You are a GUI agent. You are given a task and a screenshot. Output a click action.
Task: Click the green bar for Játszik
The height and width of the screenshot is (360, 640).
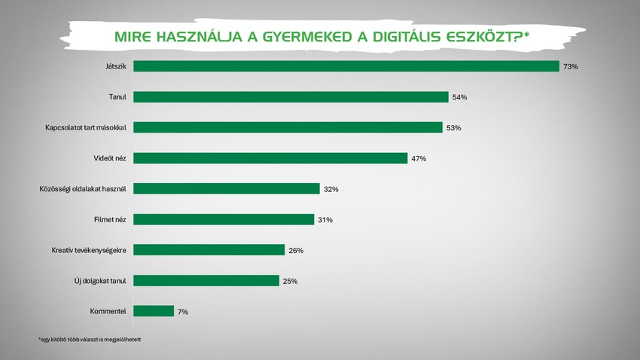point(346,66)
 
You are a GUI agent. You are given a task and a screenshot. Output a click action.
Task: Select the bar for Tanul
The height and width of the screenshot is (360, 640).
point(291,97)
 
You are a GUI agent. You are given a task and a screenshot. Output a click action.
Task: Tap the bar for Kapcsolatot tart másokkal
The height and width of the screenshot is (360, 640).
point(288,127)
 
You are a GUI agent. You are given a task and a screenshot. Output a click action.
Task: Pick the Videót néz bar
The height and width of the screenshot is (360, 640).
point(270,158)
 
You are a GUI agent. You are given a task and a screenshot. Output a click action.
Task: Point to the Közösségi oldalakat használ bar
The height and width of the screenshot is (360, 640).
point(227,189)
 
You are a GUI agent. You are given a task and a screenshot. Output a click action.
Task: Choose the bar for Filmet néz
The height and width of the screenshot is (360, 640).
point(224,219)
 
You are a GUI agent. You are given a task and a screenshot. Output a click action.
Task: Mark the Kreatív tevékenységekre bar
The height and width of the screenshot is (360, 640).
point(209,250)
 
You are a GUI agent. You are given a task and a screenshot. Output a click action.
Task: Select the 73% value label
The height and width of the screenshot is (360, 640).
point(570,67)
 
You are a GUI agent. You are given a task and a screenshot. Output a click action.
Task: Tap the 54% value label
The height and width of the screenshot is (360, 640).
point(459,97)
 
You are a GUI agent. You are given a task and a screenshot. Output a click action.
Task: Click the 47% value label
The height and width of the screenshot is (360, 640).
point(419,158)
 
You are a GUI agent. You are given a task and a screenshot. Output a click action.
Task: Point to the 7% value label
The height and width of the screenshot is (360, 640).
point(182,311)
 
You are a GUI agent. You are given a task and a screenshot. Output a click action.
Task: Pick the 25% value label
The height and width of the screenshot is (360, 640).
point(290,281)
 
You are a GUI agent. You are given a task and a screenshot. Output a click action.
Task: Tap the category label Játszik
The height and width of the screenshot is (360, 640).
point(117,66)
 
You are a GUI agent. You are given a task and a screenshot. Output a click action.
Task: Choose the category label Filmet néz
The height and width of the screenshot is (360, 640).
point(111,219)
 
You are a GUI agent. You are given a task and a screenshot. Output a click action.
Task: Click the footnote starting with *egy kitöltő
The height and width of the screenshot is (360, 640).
point(90,340)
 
